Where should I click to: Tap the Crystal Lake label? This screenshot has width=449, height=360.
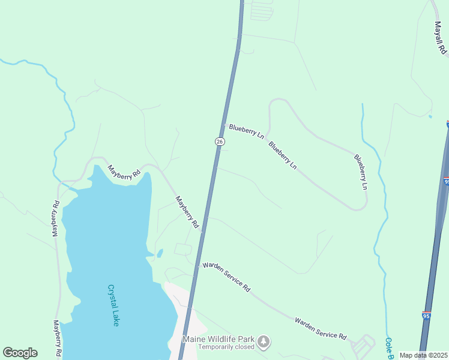pyautogui.click(x=113, y=305)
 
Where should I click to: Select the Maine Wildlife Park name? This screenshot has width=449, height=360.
pyautogui.click(x=218, y=339)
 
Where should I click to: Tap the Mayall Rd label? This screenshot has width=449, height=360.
pyautogui.click(x=441, y=37)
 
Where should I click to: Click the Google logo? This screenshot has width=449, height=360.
pyautogui.click(x=20, y=353)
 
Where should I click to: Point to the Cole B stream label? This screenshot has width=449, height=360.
pyautogui.click(x=389, y=347)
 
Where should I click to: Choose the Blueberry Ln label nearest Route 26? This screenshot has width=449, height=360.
pyautogui.click(x=247, y=131)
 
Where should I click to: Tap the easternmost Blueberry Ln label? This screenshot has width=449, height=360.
pyautogui.click(x=360, y=172)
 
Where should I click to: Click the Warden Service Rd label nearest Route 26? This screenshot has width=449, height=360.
pyautogui.click(x=226, y=276)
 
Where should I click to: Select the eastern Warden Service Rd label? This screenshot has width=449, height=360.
pyautogui.click(x=321, y=328)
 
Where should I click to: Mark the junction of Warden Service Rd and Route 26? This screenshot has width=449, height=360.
pyautogui.click(x=197, y=264)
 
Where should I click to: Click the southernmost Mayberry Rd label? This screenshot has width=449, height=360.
pyautogui.click(x=57, y=338)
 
